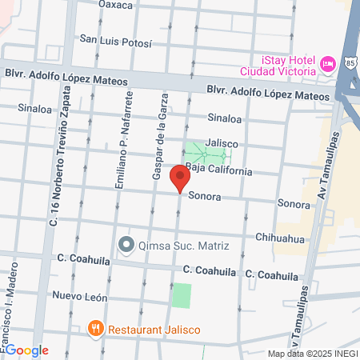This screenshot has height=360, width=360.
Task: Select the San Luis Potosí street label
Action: pyautogui.click(x=115, y=40)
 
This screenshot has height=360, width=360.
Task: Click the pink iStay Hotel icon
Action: pyautogui.click(x=326, y=64)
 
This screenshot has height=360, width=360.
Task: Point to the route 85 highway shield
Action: pyautogui.click(x=351, y=61)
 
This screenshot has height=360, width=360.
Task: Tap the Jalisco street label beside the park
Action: pyautogui.click(x=222, y=143)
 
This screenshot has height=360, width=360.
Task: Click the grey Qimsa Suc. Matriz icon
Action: pyautogui.click(x=125, y=244)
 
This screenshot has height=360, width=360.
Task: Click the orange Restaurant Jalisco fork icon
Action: pyautogui.click(x=95, y=328)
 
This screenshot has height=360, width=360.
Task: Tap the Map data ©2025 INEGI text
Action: pyautogui.click(x=311, y=354)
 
